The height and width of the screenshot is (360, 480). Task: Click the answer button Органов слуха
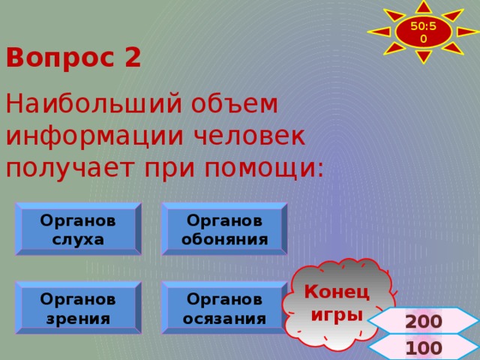coord(78,229)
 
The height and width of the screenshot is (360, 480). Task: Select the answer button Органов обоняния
coord(224,229)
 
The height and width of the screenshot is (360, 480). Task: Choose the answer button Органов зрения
coord(78,307)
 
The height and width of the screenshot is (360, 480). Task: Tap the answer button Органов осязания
coord(224,307)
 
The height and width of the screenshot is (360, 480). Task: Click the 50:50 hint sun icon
coord(424,31)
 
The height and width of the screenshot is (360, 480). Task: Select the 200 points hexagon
coord(423,322)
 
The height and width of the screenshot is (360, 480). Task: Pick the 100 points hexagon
coord(423,348)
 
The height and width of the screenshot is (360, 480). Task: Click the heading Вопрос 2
coord(73,58)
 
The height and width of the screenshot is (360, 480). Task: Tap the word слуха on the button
coord(78,240)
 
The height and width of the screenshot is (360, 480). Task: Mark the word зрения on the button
coord(78,318)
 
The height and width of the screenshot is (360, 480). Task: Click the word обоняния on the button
coord(224,240)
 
